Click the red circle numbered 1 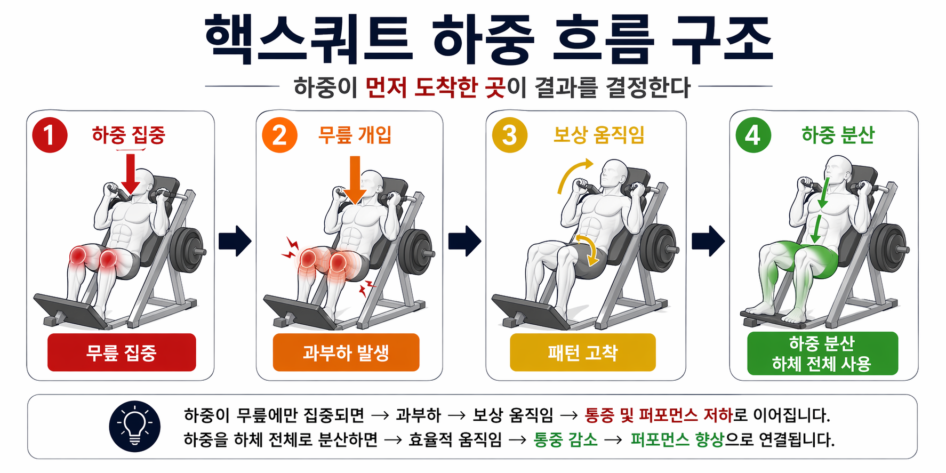pyautogui.click(x=50, y=135)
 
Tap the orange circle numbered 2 pyautogui.click(x=279, y=135)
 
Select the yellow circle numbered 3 pyautogui.click(x=509, y=135)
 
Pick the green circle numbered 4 pyautogui.click(x=753, y=135)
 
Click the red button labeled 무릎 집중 pyautogui.click(x=122, y=352)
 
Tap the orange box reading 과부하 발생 pyautogui.click(x=346, y=352)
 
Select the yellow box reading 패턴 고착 pyautogui.click(x=582, y=352)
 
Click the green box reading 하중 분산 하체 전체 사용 pyautogui.click(x=822, y=353)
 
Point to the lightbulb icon pyautogui.click(x=134, y=427)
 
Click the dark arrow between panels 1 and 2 pyautogui.click(x=235, y=241)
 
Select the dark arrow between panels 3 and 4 pyautogui.click(x=708, y=241)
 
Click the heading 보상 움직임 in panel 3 pyautogui.click(x=599, y=135)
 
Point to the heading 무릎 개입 pyautogui.click(x=355, y=135)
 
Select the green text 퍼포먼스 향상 pyautogui.click(x=677, y=440)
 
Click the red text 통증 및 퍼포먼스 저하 pyautogui.click(x=659, y=415)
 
